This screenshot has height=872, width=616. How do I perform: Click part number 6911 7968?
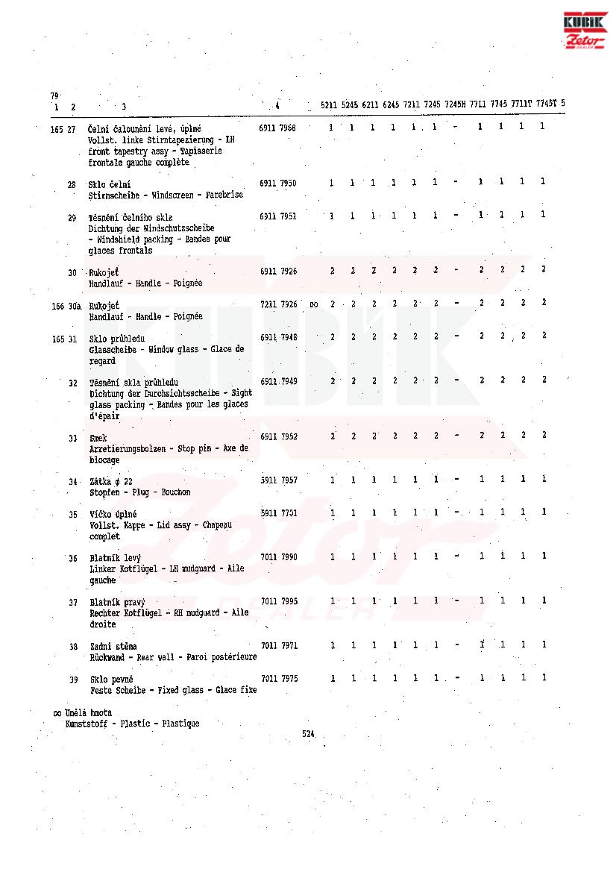tap(277, 128)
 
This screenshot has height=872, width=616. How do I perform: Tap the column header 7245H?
tap(455, 104)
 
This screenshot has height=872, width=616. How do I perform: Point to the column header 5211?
tap(329, 104)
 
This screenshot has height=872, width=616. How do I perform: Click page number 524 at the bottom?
tap(308, 734)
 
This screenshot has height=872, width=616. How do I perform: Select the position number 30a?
tap(74, 305)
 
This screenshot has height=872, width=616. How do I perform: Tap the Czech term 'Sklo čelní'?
tap(110, 184)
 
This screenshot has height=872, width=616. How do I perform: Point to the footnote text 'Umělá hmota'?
tap(88, 712)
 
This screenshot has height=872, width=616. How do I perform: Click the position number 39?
tap(74, 679)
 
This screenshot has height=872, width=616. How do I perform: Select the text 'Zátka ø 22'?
tap(110, 481)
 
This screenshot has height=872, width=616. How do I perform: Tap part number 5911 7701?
tap(279, 512)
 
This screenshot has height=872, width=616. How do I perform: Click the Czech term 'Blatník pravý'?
tap(116, 601)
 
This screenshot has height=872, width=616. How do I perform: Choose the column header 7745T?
tap(546, 104)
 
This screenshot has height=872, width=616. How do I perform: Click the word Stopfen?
tap(104, 492)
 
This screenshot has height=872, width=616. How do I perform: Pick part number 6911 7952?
tap(279, 436)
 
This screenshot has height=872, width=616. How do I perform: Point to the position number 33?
tap(73, 437)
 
